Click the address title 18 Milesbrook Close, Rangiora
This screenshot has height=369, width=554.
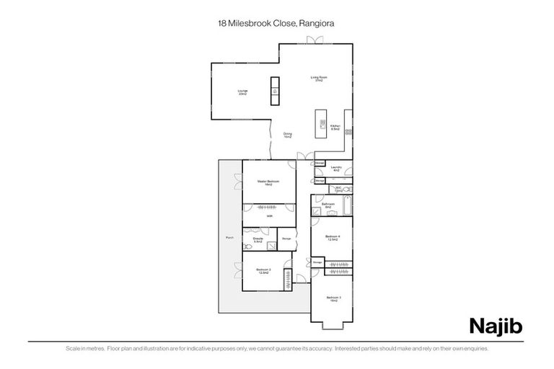276,23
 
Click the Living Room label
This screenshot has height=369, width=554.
316,79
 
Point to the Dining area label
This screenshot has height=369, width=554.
287,135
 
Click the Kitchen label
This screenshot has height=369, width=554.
335,128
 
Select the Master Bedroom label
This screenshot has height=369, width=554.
268,183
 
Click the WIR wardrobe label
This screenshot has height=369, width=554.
269,216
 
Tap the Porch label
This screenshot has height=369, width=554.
229,237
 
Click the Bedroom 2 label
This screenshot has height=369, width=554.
263,270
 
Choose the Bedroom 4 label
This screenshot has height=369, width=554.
333,238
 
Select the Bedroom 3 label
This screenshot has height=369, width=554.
333,298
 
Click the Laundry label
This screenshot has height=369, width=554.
336,169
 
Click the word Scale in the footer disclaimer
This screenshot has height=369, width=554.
71,349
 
